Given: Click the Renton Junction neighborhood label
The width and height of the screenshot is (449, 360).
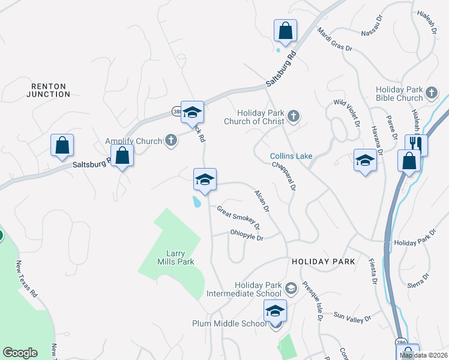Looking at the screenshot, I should [x=49, y=90].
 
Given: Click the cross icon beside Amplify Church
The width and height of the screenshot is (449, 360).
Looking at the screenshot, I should [x=171, y=141].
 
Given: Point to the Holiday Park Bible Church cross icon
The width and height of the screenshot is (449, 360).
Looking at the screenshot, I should [x=432, y=94].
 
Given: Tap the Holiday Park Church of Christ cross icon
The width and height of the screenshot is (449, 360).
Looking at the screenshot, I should [x=293, y=116].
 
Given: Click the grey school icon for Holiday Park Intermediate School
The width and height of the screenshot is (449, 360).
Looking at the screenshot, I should [x=291, y=289].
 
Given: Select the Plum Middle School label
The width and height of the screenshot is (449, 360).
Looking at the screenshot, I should [x=229, y=323].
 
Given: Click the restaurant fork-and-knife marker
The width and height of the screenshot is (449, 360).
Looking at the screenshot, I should [x=415, y=144].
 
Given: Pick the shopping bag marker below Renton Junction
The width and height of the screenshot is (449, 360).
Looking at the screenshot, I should [x=62, y=145].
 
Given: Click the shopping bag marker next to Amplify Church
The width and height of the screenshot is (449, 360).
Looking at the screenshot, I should [x=122, y=155].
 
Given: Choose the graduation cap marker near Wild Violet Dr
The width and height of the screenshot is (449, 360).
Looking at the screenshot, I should [x=364, y=160].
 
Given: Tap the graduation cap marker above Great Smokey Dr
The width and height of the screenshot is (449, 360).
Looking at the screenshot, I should [x=205, y=179].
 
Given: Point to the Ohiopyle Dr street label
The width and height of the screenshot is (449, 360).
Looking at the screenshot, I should [x=247, y=238].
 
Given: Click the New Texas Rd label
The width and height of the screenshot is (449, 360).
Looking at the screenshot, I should [x=27, y=280].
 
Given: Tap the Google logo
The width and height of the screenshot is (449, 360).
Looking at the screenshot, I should [x=20, y=353].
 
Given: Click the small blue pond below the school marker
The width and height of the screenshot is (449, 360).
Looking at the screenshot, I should [x=196, y=202].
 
